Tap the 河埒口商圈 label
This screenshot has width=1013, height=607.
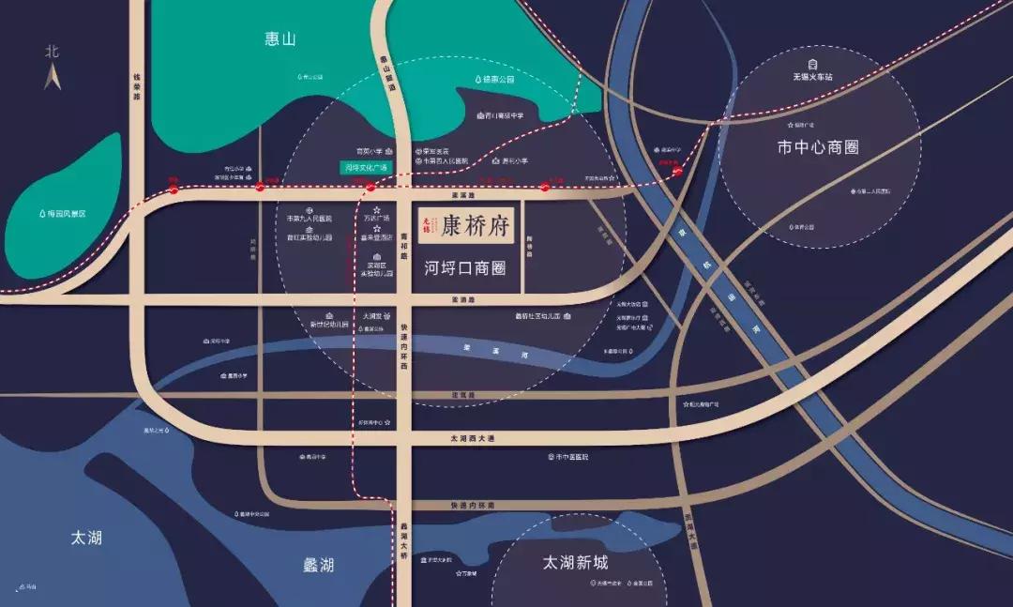465,268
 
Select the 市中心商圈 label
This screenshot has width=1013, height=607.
818,147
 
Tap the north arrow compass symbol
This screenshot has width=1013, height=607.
53,68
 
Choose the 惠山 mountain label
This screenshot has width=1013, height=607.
280,38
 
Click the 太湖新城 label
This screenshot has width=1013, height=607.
575,562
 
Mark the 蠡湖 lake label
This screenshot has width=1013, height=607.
318,565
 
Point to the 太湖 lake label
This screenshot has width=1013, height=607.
86,538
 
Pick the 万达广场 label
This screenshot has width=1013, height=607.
375,218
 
